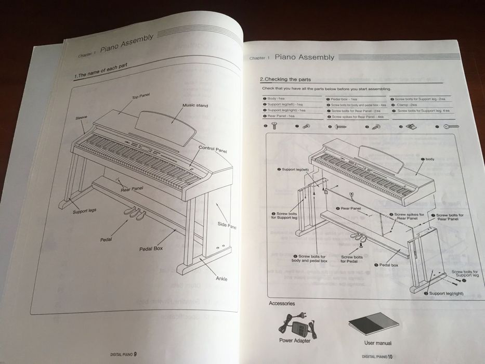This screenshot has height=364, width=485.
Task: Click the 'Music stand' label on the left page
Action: (x=195, y=106)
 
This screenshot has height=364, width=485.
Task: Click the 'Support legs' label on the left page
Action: (x=84, y=211)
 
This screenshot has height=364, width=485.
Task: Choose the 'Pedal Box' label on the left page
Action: (x=151, y=249)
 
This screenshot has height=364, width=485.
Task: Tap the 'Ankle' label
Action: (x=221, y=279)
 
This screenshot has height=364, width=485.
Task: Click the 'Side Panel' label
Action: (x=227, y=225)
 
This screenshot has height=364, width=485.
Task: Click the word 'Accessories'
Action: (x=282, y=303)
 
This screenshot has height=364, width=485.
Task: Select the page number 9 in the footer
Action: (x=135, y=354)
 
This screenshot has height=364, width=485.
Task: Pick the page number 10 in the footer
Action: (x=389, y=357)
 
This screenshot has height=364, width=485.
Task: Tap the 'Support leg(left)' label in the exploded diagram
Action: (x=295, y=170)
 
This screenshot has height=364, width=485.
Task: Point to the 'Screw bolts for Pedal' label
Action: (x=351, y=259)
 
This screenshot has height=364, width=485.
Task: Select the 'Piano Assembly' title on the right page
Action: (x=304, y=57)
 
